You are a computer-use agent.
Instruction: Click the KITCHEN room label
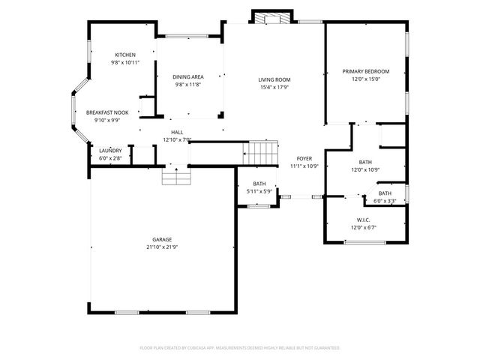125,55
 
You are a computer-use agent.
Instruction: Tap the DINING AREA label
189,76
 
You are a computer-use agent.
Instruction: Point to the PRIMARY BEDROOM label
366,71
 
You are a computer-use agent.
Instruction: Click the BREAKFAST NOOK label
107,112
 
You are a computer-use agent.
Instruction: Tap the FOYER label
304,158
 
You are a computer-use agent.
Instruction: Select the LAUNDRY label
110,151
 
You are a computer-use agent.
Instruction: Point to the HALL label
177,132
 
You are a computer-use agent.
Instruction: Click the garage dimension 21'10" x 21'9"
161,247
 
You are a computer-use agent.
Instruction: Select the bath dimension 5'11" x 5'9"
259,191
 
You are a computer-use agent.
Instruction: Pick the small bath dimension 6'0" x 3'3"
385,200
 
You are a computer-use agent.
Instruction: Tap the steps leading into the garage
177,177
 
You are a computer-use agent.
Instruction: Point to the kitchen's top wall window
187,35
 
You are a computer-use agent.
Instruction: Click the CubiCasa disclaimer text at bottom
240,348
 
